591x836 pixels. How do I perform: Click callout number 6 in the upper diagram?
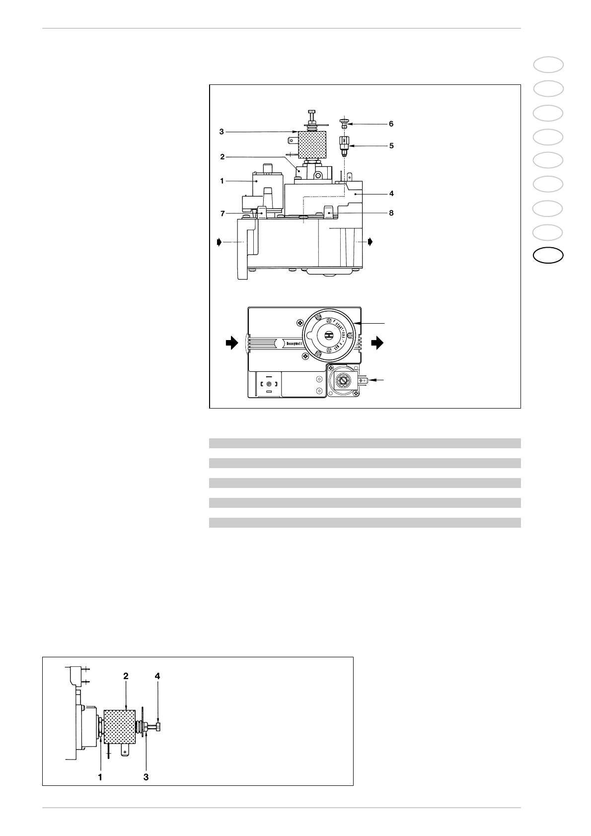tap(391, 123)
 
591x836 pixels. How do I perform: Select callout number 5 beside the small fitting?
tap(391, 146)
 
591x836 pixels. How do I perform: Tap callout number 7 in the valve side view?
tap(223, 213)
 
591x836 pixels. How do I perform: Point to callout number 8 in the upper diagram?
tap(391, 213)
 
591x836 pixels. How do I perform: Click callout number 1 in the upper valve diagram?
tap(222, 181)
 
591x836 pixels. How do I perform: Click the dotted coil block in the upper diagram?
tap(308, 142)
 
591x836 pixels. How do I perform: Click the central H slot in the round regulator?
tap(329, 335)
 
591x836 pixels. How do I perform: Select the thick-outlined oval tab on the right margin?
tap(548, 256)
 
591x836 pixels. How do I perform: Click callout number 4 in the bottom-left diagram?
tap(157, 676)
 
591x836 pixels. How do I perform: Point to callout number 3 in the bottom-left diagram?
tap(146, 777)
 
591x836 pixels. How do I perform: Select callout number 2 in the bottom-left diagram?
tap(126, 676)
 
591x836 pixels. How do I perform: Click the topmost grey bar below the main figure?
tap(365, 443)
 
